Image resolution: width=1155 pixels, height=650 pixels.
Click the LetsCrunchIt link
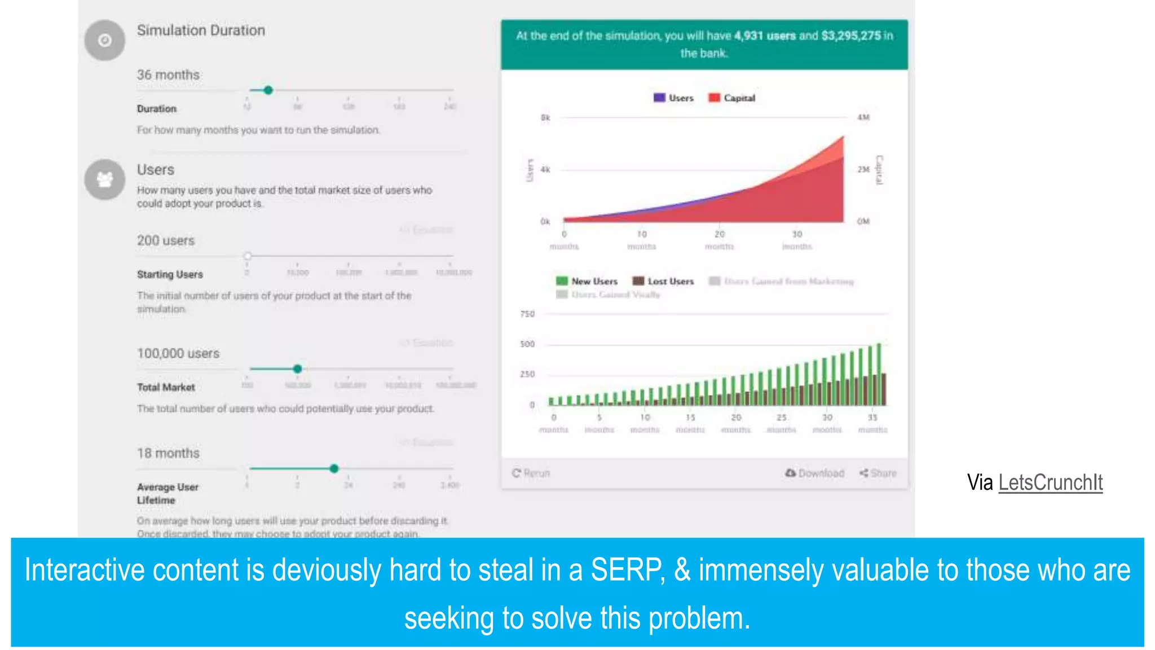[1050, 482]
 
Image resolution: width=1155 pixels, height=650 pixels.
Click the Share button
[878, 473]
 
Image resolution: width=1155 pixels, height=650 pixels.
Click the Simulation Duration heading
[201, 30]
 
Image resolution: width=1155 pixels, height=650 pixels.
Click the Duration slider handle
[268, 90]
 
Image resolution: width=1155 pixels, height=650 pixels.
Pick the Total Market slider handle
[297, 369]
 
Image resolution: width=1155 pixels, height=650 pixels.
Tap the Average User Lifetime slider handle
[334, 468]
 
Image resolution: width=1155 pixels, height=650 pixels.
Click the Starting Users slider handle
[248, 256]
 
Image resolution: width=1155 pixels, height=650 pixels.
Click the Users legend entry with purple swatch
[673, 98]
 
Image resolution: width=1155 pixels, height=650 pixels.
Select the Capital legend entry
[731, 98]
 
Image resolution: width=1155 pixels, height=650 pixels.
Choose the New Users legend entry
[587, 281]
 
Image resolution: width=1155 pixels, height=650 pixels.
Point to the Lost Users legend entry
[663, 281]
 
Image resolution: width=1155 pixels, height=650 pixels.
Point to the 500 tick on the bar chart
[527, 344]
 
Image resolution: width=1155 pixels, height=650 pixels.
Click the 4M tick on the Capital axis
[863, 117]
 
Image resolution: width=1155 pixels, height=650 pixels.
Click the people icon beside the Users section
[105, 179]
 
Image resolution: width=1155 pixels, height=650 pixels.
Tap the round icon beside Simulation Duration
[105, 40]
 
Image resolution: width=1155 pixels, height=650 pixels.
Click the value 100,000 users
[178, 353]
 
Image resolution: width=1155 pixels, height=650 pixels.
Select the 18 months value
[168, 453]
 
